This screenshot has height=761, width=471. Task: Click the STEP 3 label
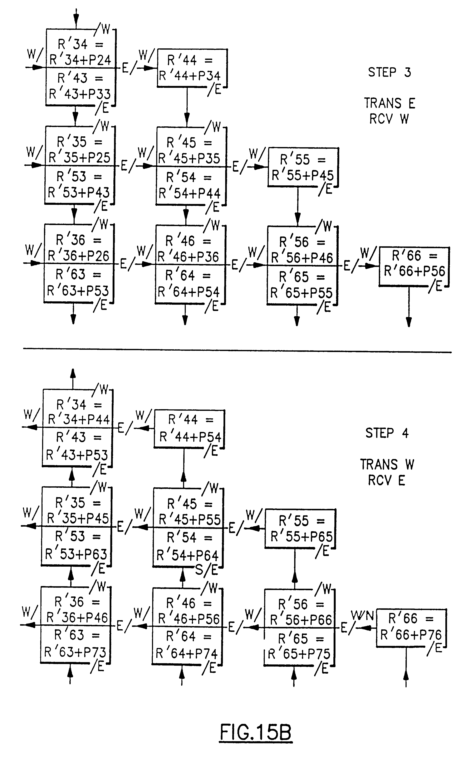pyautogui.click(x=389, y=72)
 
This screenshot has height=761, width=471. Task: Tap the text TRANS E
pyautogui.click(x=389, y=103)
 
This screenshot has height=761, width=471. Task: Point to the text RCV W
pyautogui.click(x=389, y=119)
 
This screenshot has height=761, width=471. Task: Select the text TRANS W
pyautogui.click(x=387, y=464)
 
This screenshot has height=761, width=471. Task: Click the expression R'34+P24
pyautogui.click(x=80, y=59)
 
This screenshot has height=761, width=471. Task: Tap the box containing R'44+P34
pyautogui.click(x=192, y=68)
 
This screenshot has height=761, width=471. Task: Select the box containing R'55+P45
pyautogui.click(x=303, y=167)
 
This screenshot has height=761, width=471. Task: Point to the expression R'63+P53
pyautogui.click(x=78, y=291)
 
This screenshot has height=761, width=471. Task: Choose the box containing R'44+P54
pyautogui.click(x=189, y=429)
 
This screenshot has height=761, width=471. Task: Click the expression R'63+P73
pyautogui.click(x=75, y=652)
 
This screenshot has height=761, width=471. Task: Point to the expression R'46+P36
pyautogui.click(x=188, y=257)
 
